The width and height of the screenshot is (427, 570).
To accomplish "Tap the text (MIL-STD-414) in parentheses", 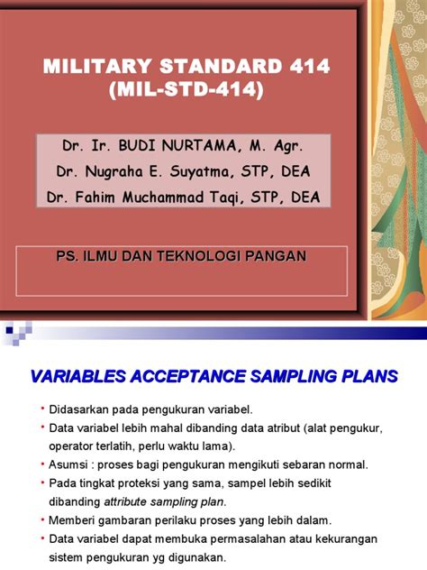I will point(186,91).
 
